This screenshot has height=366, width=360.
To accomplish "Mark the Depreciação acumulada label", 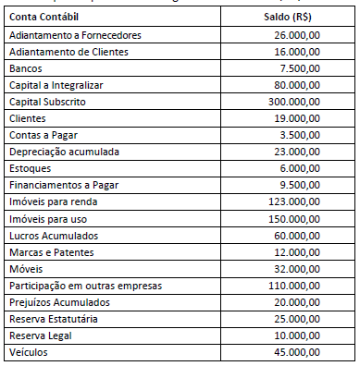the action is (x=62, y=152).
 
